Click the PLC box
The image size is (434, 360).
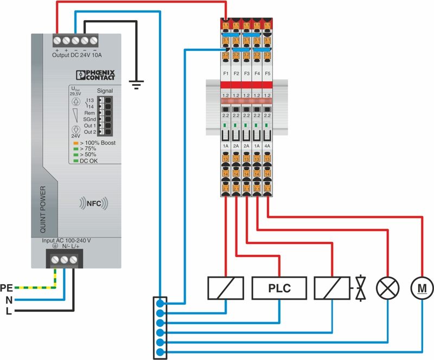[x=279, y=288]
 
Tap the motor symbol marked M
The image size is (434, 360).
[x=420, y=288]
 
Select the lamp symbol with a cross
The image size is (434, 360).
[x=387, y=288]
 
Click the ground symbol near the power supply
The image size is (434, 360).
[x=137, y=83]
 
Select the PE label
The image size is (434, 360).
[x=6, y=287]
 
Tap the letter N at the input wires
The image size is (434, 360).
[x=8, y=299]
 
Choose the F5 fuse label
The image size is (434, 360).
[x=268, y=73]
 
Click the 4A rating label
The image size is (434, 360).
[x=267, y=146]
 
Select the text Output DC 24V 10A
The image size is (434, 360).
[x=78, y=55]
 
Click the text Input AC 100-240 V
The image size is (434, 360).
[x=66, y=240]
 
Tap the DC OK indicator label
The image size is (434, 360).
[x=89, y=160]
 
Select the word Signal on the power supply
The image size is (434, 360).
[x=105, y=91]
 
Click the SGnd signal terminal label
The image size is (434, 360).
[x=90, y=119]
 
